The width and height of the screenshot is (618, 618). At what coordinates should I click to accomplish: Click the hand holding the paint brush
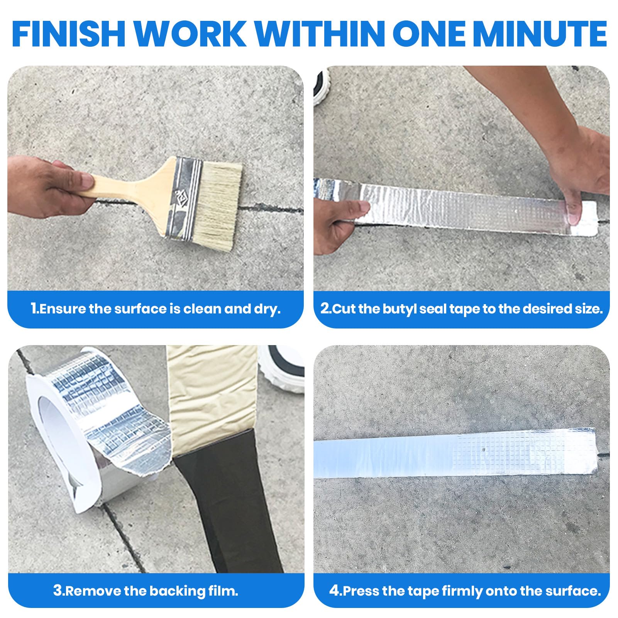(48, 187)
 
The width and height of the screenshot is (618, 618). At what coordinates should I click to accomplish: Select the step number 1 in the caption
(34, 309)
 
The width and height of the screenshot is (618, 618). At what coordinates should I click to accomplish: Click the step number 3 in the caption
(58, 591)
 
